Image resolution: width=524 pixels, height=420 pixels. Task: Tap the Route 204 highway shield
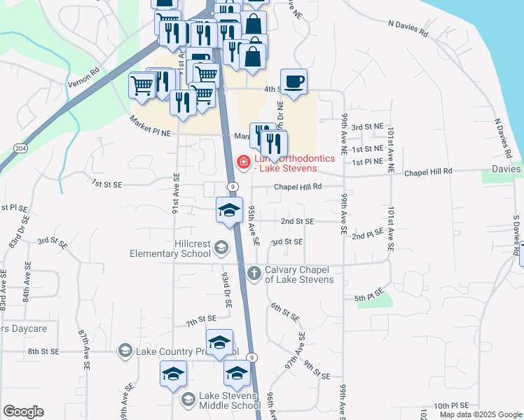click(x=20, y=149)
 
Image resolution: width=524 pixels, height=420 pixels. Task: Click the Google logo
click(x=22, y=412)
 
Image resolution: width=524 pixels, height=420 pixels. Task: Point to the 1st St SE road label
click(x=107, y=184)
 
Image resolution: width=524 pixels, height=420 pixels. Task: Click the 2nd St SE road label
click(x=298, y=221)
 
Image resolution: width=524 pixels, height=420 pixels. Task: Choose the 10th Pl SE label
click(x=450, y=405)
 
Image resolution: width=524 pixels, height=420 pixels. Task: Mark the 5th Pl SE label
click(x=369, y=295)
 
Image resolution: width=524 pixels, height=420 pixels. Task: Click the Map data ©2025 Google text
click(x=480, y=414)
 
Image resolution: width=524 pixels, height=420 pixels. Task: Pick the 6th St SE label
click(x=285, y=312)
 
